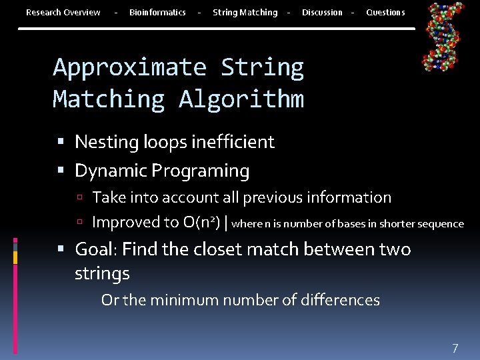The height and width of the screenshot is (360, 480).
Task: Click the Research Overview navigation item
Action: pyautogui.click(x=63, y=13)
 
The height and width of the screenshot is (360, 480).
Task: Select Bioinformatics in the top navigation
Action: pyautogui.click(x=157, y=13)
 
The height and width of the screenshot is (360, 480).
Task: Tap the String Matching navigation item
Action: pyautogui.click(x=245, y=13)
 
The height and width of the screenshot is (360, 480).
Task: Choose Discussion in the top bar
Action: pyautogui.click(x=322, y=13)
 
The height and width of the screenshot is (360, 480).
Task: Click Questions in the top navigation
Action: pyautogui.click(x=385, y=13)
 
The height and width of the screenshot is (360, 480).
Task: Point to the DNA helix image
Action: pyautogui.click(x=443, y=37)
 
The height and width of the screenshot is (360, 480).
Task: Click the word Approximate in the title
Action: pyautogui.click(x=130, y=67)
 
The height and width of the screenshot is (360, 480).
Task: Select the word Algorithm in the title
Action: pyautogui.click(x=241, y=99)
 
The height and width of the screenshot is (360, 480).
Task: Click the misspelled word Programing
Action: pyautogui.click(x=201, y=171)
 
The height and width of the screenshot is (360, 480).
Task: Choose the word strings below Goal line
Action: pyautogui.click(x=102, y=273)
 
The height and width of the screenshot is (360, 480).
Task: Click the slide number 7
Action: pyautogui.click(x=455, y=348)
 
